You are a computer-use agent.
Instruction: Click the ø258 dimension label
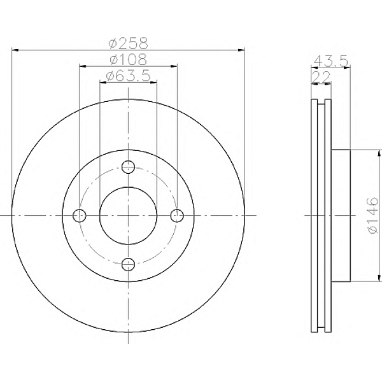click(x=128, y=43)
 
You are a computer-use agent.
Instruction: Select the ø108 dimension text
click(x=128, y=59)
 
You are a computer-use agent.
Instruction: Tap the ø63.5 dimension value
click(x=128, y=76)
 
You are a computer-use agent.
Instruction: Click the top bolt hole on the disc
click(x=128, y=167)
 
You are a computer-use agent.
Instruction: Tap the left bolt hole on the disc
click(x=80, y=215)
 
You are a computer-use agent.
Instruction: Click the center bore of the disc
click(x=128, y=215)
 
